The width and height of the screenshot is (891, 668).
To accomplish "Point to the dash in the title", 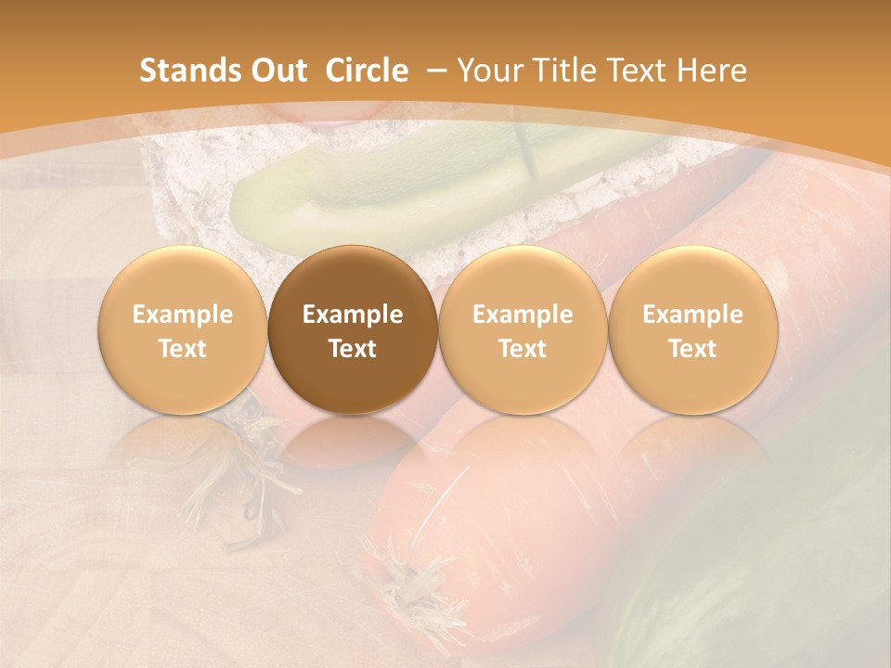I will (x=433, y=71).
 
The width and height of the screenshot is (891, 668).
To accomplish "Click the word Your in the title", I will (x=488, y=71).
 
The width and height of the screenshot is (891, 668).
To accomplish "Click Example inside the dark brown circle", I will (x=353, y=315).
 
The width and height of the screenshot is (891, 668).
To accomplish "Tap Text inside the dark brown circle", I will (x=353, y=349).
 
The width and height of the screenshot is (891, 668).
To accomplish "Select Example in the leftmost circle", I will (x=183, y=315).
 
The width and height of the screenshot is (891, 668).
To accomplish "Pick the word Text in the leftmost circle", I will (x=183, y=349).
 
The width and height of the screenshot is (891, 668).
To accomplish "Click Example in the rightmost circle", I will (x=692, y=315).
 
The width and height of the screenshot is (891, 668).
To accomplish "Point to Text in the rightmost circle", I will (x=692, y=349).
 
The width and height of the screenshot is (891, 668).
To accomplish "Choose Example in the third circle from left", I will (x=523, y=315).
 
